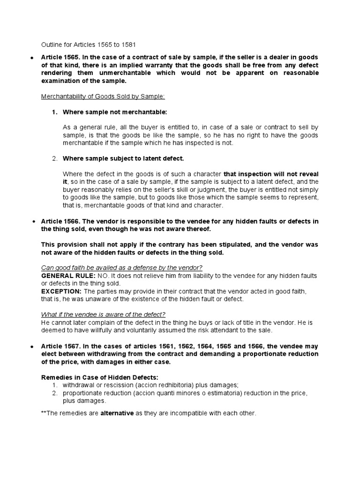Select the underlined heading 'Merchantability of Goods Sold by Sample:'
coord(103,97)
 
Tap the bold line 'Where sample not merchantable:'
coord(108,112)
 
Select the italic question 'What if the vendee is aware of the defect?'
coord(104,314)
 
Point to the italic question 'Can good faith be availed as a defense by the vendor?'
coord(122,268)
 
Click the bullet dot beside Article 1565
coord(31,58)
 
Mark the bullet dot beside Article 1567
coord(31,346)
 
